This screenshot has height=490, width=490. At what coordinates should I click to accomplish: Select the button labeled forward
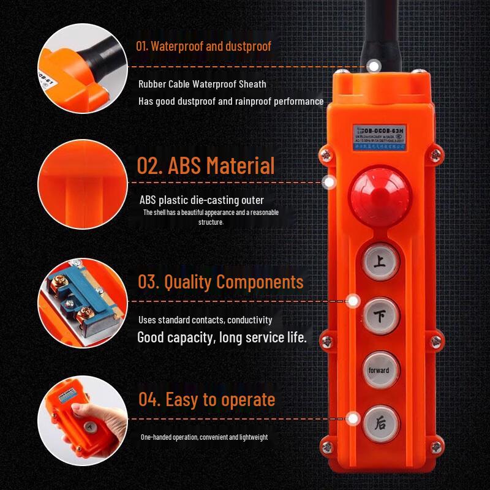click(379, 370)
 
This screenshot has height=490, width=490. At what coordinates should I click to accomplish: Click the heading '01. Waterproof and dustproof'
click(203, 46)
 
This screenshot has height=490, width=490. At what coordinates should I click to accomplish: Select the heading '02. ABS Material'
click(205, 166)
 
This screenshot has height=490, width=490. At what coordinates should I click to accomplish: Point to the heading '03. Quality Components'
click(220, 282)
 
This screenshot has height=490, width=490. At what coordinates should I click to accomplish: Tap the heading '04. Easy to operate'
click(206, 399)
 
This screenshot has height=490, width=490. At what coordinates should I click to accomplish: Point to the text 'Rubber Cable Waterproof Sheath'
click(202, 84)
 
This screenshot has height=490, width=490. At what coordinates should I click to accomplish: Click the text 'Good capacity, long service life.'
click(222, 337)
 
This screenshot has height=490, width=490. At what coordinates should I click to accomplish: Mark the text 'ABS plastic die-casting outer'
click(202, 200)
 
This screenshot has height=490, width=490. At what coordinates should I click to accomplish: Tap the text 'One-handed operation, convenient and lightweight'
click(204, 437)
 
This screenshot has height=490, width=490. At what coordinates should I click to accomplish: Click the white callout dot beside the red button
click(330, 182)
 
